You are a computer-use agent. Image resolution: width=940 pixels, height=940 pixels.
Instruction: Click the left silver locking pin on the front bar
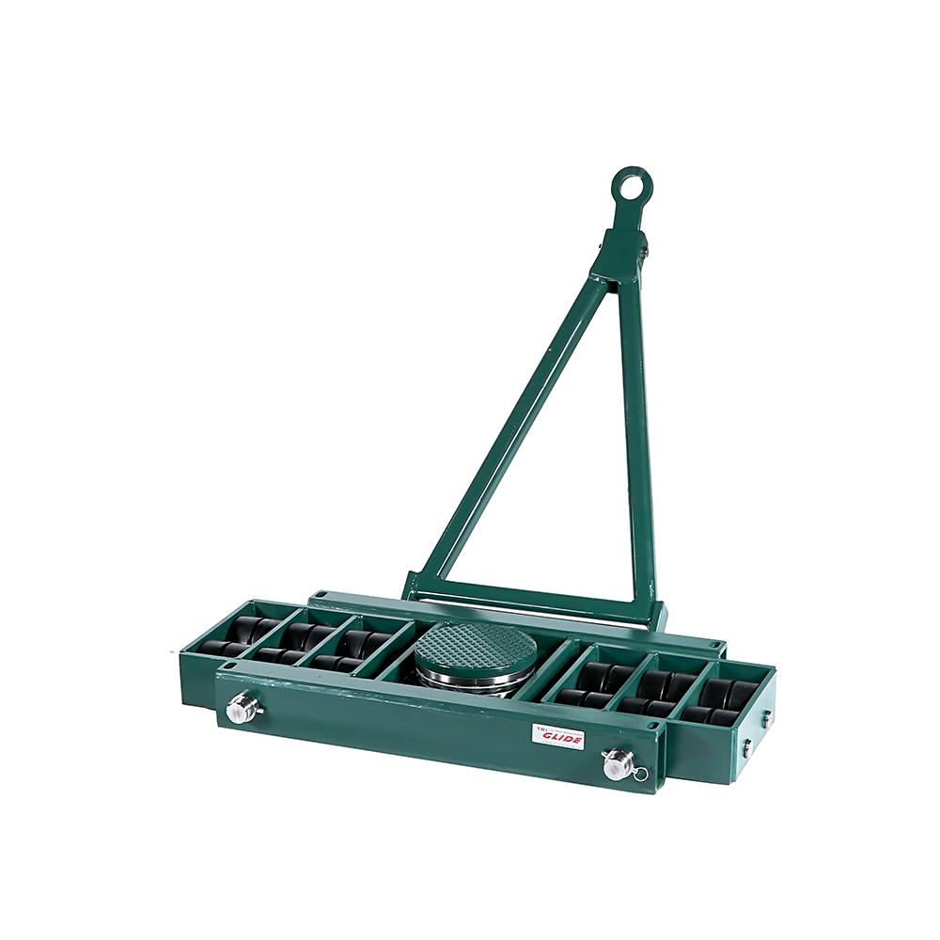243,707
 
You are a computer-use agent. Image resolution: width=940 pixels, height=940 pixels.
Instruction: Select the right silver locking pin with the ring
618,762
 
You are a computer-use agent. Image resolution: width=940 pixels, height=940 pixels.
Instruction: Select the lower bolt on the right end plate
745,749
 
